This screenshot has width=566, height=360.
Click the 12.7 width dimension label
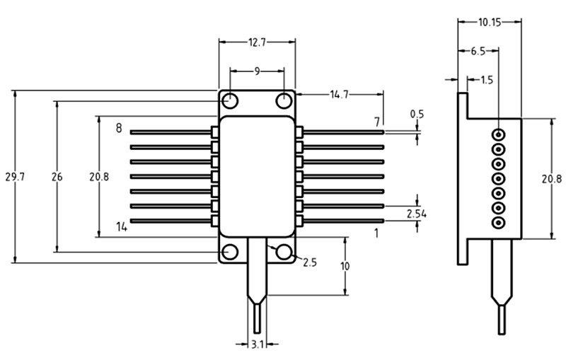pyautogui.click(x=257, y=42)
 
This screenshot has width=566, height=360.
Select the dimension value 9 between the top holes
pyautogui.click(x=257, y=71)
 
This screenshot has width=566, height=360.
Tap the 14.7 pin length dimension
pyautogui.click(x=340, y=95)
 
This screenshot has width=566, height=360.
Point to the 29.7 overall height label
pyautogui.click(x=15, y=177)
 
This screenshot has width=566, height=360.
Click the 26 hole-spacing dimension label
pyautogui.click(x=57, y=177)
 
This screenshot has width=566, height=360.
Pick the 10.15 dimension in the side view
pyautogui.click(x=490, y=23)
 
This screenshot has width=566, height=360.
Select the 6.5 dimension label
pyautogui.click(x=478, y=52)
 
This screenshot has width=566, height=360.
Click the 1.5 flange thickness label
pyautogui.click(x=487, y=80)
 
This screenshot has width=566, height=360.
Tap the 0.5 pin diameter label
pyautogui.click(x=417, y=115)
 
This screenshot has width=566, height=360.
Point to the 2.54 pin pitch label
pyautogui.click(x=416, y=214)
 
